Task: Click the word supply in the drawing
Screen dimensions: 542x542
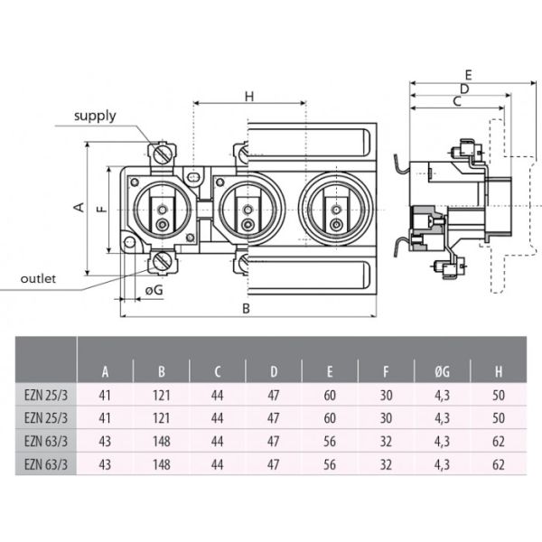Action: pyautogui.click(x=95, y=117)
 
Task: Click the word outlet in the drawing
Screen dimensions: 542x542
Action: pyautogui.click(x=38, y=279)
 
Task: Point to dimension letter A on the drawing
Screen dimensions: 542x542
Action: pyautogui.click(x=79, y=207)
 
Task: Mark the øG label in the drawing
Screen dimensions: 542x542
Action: pyautogui.click(x=154, y=290)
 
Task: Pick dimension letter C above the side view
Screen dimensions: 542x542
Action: pyautogui.click(x=456, y=102)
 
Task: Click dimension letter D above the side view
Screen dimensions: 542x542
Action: pyautogui.click(x=463, y=89)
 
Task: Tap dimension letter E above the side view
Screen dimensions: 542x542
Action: pyautogui.click(x=468, y=74)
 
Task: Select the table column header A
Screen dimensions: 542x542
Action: pyautogui.click(x=106, y=371)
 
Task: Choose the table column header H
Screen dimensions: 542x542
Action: pyautogui.click(x=498, y=371)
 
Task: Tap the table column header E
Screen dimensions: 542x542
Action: pyautogui.click(x=330, y=371)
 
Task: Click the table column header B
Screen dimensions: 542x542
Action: pyautogui.click(x=162, y=371)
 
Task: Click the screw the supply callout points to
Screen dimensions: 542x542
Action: pyautogui.click(x=162, y=155)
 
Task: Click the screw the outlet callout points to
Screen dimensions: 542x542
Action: pyautogui.click(x=162, y=262)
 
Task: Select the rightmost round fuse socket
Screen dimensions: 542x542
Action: pyautogui.click(x=335, y=208)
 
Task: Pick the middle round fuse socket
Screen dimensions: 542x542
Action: pyautogui.click(x=248, y=208)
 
